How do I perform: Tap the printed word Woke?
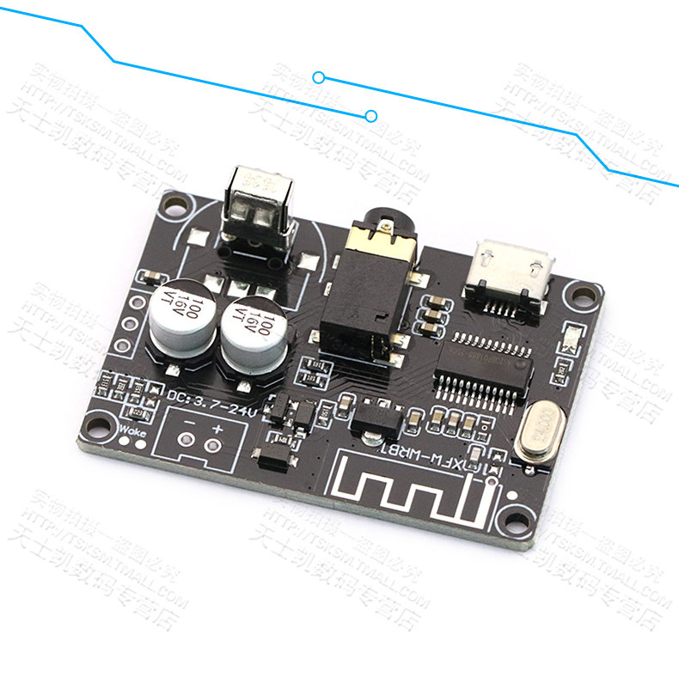pyautogui.click(x=133, y=431)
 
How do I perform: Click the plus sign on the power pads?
pyautogui.click(x=217, y=429)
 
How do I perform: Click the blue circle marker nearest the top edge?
pyautogui.click(x=319, y=77)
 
